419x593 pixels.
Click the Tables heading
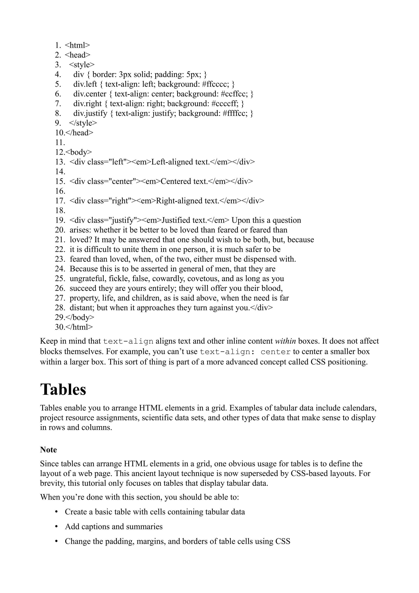[x=63, y=389]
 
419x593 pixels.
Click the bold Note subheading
[x=48, y=450]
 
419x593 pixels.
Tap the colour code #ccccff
[x=225, y=104]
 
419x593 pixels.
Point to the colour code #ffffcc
[x=235, y=113]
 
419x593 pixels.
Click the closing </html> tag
[x=79, y=327]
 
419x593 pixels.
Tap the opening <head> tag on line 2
[x=78, y=55]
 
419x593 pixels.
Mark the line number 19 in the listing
[x=60, y=220]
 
